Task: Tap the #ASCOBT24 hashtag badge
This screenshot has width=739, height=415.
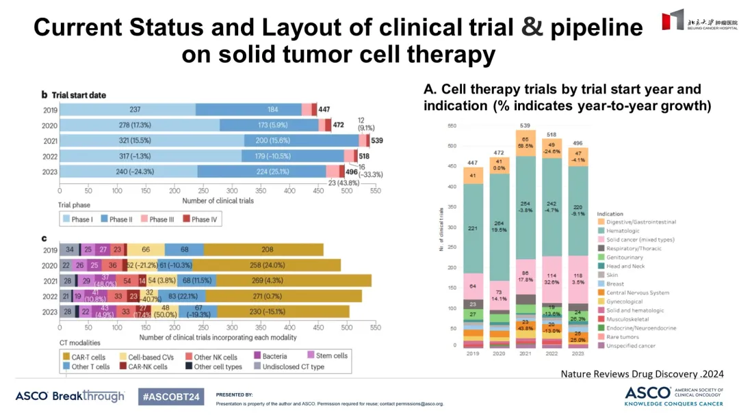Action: (169, 397)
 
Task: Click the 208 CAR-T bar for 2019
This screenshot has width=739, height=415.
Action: (263, 250)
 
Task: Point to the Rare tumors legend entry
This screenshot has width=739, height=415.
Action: (619, 336)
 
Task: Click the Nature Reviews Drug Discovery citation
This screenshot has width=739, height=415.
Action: (642, 374)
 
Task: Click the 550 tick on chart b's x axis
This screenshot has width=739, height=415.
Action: (375, 192)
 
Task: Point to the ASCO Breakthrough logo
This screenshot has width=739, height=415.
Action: (70, 397)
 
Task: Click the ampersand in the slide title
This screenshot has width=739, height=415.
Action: (532, 27)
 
